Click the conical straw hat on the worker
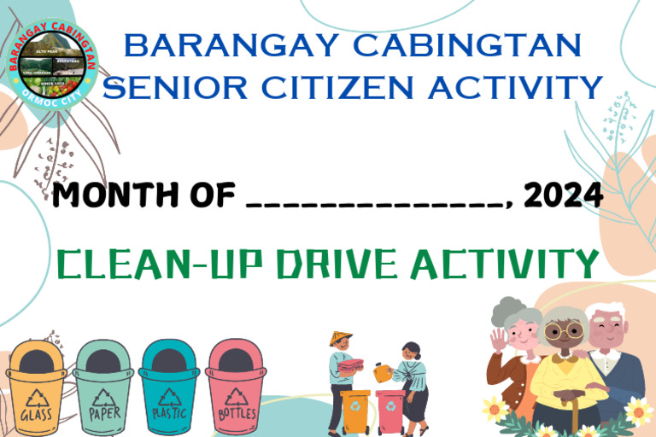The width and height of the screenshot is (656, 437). [x=341, y=339]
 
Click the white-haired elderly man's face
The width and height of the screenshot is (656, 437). [x=608, y=329]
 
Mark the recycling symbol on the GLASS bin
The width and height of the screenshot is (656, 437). [x=37, y=397]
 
